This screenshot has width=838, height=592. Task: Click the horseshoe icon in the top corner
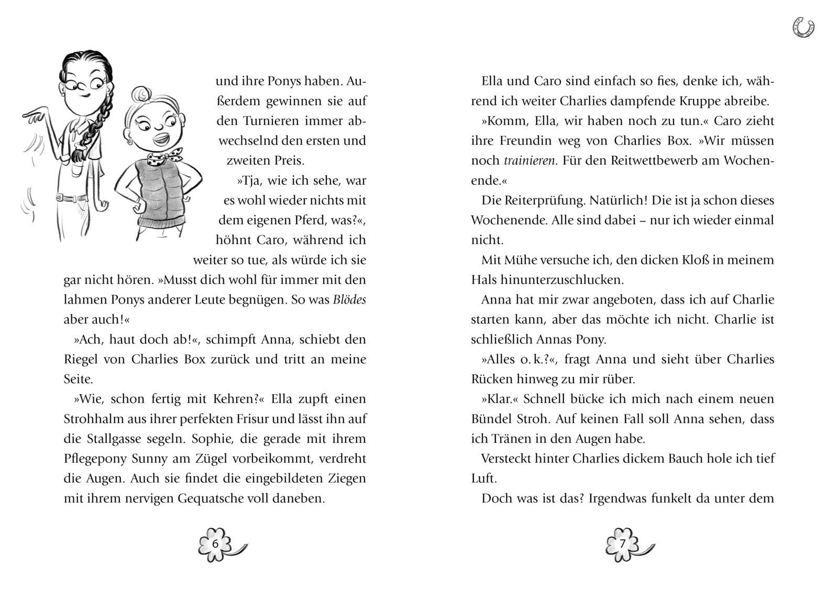[x=803, y=27]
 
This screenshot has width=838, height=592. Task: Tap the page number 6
[x=215, y=543]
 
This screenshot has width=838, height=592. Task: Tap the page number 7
[x=622, y=543]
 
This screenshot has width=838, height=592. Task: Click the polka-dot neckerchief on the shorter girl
[x=164, y=155]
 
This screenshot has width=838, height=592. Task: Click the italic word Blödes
[x=349, y=300]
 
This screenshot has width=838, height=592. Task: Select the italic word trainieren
[x=529, y=161]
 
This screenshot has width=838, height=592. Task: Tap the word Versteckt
[x=505, y=459]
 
